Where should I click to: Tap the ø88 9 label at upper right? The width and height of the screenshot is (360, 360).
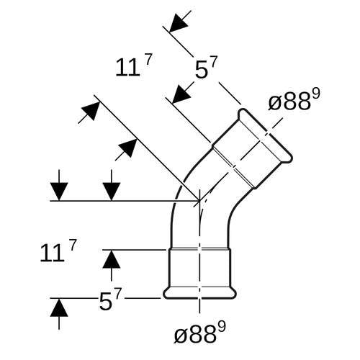point(294,100)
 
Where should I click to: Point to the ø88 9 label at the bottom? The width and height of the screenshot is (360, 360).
point(199,333)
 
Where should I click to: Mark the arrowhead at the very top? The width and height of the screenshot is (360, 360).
point(178,23)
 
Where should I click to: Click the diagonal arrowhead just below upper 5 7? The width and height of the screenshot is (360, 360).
point(181,94)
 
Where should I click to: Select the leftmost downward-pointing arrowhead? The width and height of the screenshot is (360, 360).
point(59,192)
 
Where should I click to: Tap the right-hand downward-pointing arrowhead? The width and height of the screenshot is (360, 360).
point(112,192)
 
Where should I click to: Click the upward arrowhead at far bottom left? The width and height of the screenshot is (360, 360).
point(59,307)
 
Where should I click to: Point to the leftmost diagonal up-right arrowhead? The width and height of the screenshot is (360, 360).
point(91,112)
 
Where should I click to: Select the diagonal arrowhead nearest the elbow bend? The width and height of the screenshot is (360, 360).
point(128,148)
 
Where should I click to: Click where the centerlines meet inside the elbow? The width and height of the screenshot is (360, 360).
point(199,200)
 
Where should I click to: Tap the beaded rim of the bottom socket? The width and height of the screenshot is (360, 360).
point(199,293)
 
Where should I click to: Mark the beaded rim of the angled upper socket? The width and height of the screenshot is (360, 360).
point(265,136)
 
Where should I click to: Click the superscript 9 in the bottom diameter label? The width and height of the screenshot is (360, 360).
point(222,328)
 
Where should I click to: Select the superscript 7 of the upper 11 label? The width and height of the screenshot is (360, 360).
point(148,60)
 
